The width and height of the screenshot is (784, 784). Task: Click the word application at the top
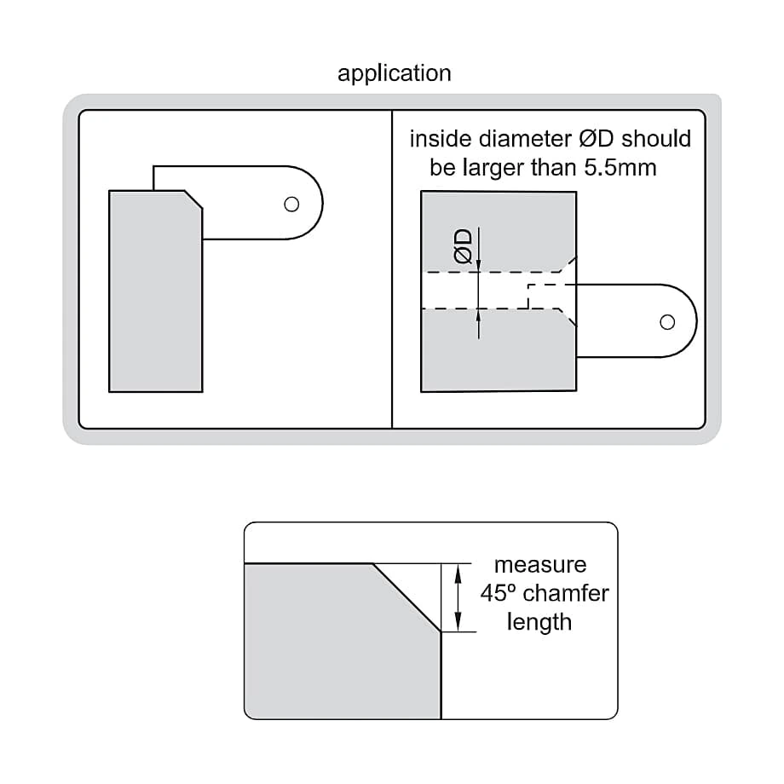tap(394, 73)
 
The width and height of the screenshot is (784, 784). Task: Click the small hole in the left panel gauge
tap(291, 204)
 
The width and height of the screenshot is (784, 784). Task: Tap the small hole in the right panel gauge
tap(667, 322)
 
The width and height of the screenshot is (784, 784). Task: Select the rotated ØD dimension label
tap(463, 246)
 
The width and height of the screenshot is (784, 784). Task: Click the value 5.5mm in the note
tap(620, 168)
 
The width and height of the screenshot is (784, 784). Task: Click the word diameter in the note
tap(525, 139)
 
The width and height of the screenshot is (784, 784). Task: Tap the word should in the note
tap(656, 139)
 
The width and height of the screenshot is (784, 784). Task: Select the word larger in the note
tap(493, 169)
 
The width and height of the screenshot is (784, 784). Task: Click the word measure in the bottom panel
tap(540, 565)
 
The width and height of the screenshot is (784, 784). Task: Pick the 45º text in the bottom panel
tap(498, 593)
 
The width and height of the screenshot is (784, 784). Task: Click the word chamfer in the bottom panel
tap(566, 593)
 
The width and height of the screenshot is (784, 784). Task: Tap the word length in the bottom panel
tap(539, 622)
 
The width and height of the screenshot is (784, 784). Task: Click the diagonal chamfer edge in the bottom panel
tap(407, 598)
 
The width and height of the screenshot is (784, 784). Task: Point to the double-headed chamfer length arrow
tap(457, 598)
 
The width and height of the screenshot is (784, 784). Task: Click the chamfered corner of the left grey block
tap(193, 199)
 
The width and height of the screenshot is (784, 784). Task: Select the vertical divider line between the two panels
tap(392, 269)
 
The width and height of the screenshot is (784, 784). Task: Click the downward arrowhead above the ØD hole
tap(479, 266)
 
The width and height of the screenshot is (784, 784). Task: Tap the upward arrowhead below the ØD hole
tap(479, 315)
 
